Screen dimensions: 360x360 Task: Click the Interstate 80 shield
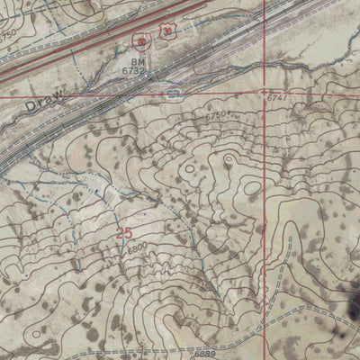(x=139, y=40)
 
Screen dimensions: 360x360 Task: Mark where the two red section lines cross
(x=265, y=94)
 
